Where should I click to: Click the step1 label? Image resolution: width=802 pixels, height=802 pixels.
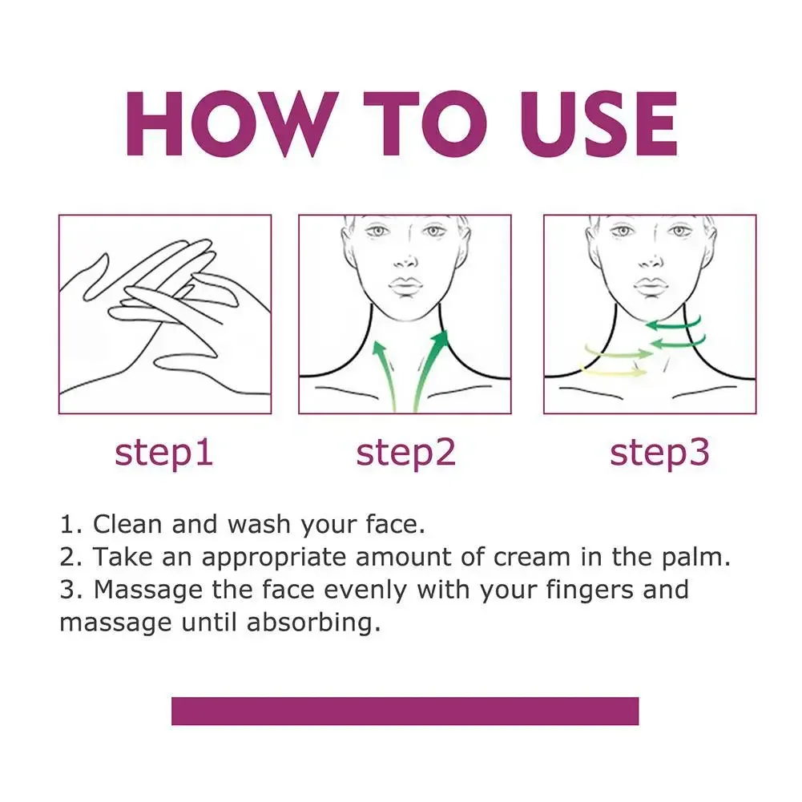click(164, 453)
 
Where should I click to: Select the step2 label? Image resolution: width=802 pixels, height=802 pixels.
click(405, 453)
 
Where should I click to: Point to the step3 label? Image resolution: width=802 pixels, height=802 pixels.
click(659, 453)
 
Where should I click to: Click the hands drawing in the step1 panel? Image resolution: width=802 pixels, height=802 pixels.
click(164, 314)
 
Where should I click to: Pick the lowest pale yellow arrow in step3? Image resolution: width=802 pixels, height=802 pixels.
click(613, 372)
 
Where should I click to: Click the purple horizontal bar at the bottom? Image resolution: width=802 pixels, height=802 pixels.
click(405, 711)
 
